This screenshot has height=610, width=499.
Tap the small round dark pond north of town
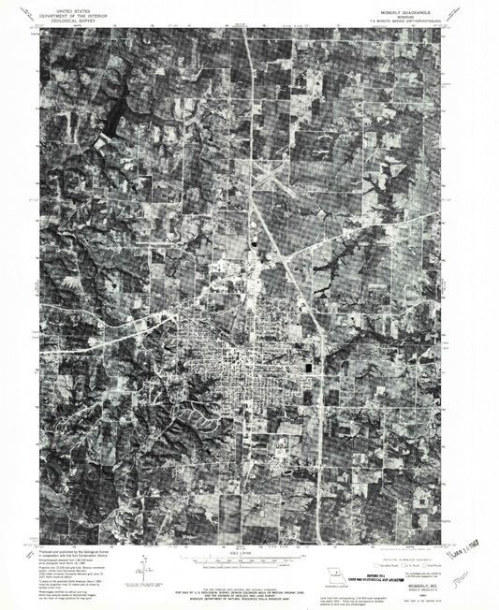click(x=254, y=245)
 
